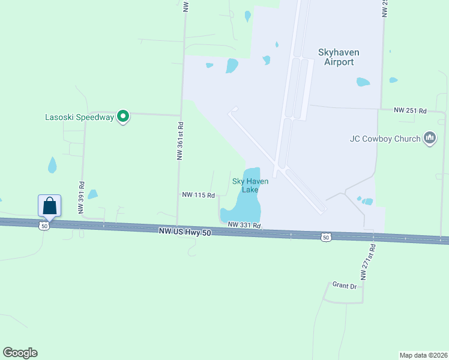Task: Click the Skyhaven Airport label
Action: click(339, 57)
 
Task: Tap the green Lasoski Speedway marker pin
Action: click(123, 116)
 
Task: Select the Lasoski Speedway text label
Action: click(80, 118)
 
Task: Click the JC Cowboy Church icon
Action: click(429, 139)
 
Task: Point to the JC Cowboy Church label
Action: click(385, 139)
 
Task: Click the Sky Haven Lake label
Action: click(250, 185)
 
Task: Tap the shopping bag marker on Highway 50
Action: click(49, 206)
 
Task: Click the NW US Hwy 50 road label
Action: click(185, 232)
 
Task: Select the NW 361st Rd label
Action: click(179, 141)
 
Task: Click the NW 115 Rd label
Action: click(198, 195)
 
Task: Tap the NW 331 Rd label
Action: click(245, 225)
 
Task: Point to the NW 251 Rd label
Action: click(410, 111)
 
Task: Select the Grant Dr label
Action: click(345, 286)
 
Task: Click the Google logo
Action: click(20, 353)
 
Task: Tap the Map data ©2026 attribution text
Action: click(423, 355)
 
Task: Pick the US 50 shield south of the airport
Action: click(325, 238)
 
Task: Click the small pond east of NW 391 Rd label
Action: click(92, 194)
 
